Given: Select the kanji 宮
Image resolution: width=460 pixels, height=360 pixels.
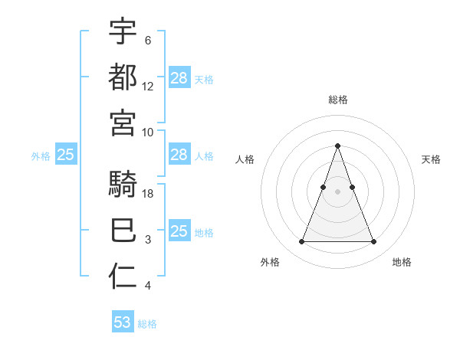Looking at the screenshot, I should (x=123, y=123).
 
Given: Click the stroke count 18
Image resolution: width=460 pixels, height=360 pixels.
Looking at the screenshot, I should (x=149, y=195).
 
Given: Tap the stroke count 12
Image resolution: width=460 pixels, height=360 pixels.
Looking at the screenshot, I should (x=149, y=86).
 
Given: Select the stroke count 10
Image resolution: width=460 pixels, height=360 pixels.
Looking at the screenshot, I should (x=149, y=132).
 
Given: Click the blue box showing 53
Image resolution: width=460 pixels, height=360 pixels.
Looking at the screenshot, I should (x=123, y=322).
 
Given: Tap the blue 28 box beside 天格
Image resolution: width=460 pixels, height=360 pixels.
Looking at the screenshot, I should (x=179, y=77).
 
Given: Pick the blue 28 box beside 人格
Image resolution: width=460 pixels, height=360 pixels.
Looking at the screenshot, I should (x=179, y=155).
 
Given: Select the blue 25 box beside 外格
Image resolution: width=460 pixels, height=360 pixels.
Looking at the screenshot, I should (x=65, y=155).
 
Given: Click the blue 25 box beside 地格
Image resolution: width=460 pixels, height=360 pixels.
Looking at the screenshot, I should (x=179, y=231).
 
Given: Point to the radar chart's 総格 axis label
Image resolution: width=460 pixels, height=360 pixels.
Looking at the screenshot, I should (x=338, y=100).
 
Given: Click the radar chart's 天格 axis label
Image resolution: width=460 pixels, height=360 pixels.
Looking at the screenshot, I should (x=431, y=159).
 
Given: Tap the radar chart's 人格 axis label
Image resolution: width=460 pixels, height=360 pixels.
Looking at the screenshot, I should (x=245, y=159).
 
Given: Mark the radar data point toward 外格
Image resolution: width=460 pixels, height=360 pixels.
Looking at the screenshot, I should (x=301, y=242).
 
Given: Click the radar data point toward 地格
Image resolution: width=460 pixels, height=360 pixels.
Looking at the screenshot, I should (x=374, y=242).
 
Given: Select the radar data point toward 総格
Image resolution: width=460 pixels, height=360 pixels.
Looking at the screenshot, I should (x=338, y=146).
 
